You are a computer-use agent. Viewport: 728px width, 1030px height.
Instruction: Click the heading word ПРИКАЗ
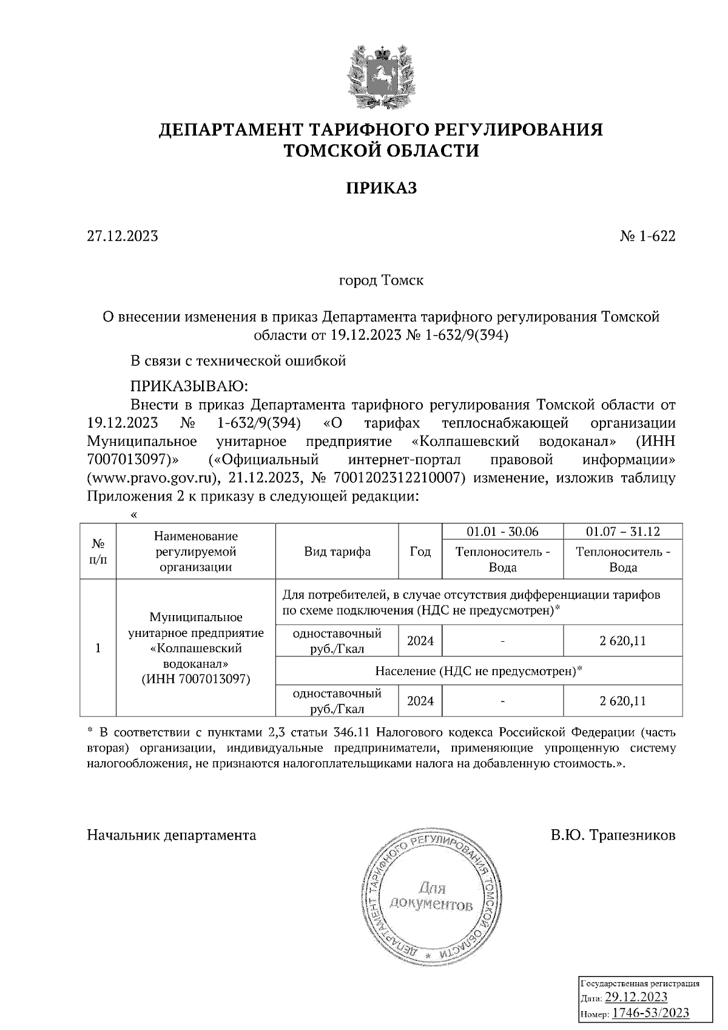tap(381, 188)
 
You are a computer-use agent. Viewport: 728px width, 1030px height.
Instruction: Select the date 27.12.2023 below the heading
tap(123, 236)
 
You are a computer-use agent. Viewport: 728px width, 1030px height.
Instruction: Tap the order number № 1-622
tap(647, 236)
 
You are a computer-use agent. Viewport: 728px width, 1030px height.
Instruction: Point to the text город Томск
tap(380, 281)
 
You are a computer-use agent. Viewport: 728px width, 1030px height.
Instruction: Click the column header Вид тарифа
tap(337, 551)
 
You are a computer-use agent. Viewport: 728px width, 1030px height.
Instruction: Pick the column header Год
tap(420, 551)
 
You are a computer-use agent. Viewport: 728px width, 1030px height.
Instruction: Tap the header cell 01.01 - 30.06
tap(502, 531)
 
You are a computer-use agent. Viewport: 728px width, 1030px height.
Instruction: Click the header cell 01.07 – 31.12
tap(622, 531)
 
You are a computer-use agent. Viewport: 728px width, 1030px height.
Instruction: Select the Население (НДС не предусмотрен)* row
tap(479, 671)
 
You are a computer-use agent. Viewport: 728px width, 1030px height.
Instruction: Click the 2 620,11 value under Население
tap(622, 701)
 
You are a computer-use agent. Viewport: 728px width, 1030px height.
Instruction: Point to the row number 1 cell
tap(98, 648)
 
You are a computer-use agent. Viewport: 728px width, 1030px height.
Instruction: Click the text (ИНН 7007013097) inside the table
tap(195, 679)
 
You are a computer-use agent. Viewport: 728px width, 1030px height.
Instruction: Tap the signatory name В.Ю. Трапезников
tap(613, 835)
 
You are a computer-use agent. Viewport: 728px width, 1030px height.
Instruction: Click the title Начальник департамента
tap(172, 835)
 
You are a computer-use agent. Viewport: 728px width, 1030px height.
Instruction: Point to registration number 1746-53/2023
tap(650, 1012)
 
